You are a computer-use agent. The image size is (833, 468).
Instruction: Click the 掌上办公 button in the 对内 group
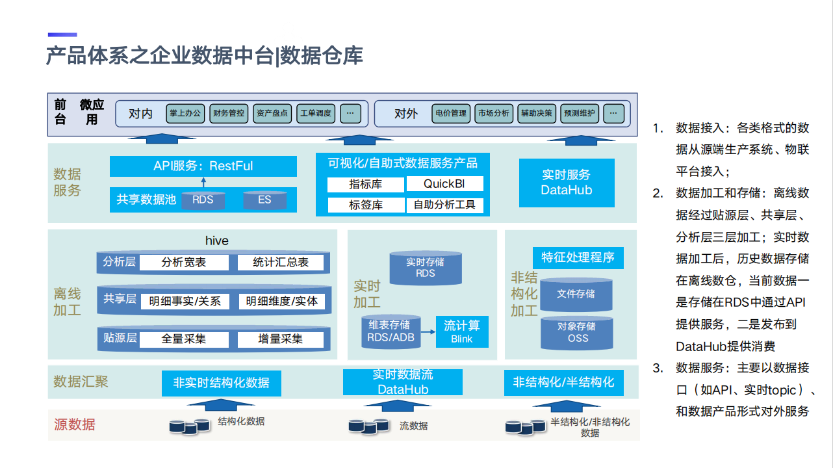[x=185, y=113]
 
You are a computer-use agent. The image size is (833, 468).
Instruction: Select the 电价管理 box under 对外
[x=450, y=113]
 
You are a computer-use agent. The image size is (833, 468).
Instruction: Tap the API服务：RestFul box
[x=203, y=166]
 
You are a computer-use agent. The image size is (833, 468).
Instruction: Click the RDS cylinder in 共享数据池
[x=203, y=200]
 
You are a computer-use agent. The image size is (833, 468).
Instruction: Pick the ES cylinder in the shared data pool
[x=264, y=200]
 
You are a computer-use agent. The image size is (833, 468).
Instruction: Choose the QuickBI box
[x=444, y=184]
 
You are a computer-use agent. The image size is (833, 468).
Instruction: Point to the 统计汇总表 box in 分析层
[x=281, y=263]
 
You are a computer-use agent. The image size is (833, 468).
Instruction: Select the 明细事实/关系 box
[x=185, y=301]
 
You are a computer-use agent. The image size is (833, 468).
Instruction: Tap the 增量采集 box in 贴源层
[x=280, y=339]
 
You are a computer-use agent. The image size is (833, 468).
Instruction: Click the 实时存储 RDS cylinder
[x=425, y=268]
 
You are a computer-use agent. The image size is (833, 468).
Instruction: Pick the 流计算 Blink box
[x=461, y=331]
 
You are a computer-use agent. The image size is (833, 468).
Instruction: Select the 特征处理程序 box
[x=578, y=257]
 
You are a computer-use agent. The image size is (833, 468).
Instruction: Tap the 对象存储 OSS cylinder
[x=577, y=332]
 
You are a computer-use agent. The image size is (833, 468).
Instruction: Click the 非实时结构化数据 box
[x=221, y=383]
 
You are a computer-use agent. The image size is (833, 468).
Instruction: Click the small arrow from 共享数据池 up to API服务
[x=203, y=183]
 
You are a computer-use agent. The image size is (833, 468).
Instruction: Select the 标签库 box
[x=366, y=205]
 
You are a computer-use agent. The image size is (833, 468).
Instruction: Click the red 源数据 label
[x=74, y=424]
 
